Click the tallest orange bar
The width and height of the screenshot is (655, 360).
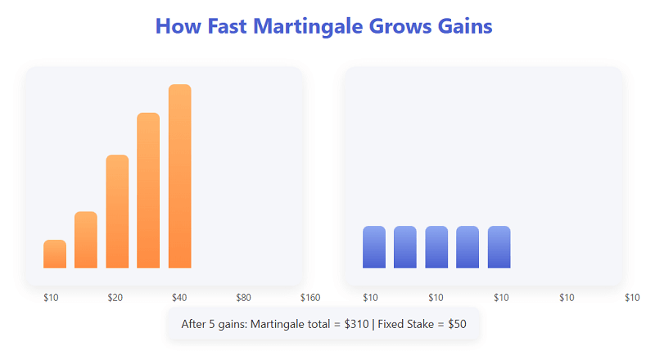179,176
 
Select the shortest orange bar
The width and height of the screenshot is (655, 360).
55,254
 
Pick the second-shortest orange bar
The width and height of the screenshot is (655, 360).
86,240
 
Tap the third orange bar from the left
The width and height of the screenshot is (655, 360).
117,211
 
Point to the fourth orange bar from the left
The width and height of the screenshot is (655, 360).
148,190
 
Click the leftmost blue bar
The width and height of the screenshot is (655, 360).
374,247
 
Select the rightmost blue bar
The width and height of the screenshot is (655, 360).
499,247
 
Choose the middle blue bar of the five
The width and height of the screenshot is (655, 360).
436,247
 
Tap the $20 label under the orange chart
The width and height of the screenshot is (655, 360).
115,297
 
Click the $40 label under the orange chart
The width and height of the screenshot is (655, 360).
180,297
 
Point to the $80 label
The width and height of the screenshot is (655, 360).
243,297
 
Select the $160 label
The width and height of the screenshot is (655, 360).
310,297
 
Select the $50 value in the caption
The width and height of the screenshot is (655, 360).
457,324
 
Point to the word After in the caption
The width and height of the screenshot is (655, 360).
195,324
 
